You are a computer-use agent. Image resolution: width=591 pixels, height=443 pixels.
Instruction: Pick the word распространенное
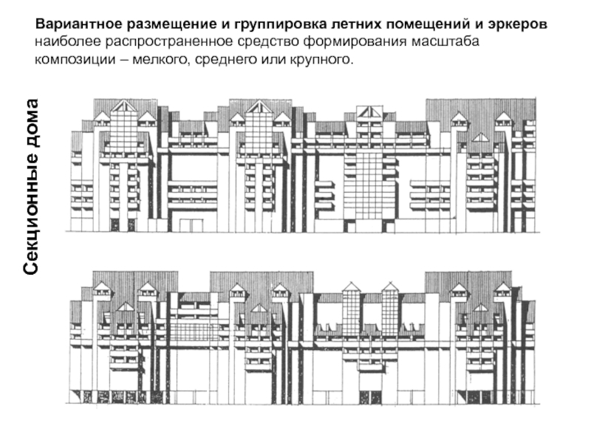[159, 41]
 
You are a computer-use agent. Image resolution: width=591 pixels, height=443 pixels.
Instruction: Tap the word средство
[251, 41]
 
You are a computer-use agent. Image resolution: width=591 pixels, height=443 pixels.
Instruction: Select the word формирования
[332, 41]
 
